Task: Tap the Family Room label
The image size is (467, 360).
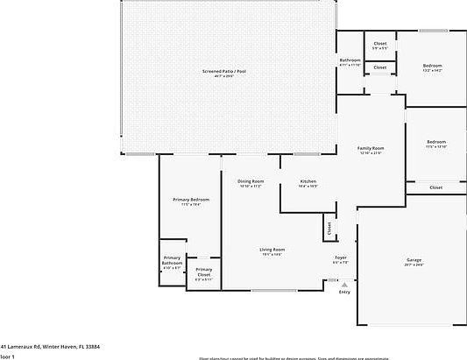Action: click(x=371, y=149)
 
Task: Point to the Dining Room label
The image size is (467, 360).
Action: click(x=251, y=181)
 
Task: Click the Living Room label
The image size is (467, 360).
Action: click(x=272, y=250)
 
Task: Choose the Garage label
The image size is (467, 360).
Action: click(x=414, y=260)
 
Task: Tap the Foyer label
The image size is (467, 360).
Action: click(x=340, y=258)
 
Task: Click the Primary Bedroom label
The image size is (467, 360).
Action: click(x=190, y=200)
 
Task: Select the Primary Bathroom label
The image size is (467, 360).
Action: click(x=172, y=260)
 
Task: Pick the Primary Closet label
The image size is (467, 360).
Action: click(x=203, y=272)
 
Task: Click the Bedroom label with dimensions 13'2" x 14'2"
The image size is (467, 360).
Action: click(x=433, y=66)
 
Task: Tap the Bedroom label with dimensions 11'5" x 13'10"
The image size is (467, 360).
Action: click(x=435, y=142)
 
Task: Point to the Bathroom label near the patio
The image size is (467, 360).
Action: click(x=350, y=60)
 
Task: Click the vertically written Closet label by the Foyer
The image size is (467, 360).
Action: click(x=329, y=229)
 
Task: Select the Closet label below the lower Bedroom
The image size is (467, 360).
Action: click(x=435, y=187)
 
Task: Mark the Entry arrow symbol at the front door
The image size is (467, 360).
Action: click(x=344, y=284)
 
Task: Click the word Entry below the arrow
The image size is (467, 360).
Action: click(x=344, y=292)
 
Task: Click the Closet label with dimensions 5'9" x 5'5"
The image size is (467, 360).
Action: click(x=380, y=44)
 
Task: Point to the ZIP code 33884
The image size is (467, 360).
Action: click(x=115, y=346)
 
